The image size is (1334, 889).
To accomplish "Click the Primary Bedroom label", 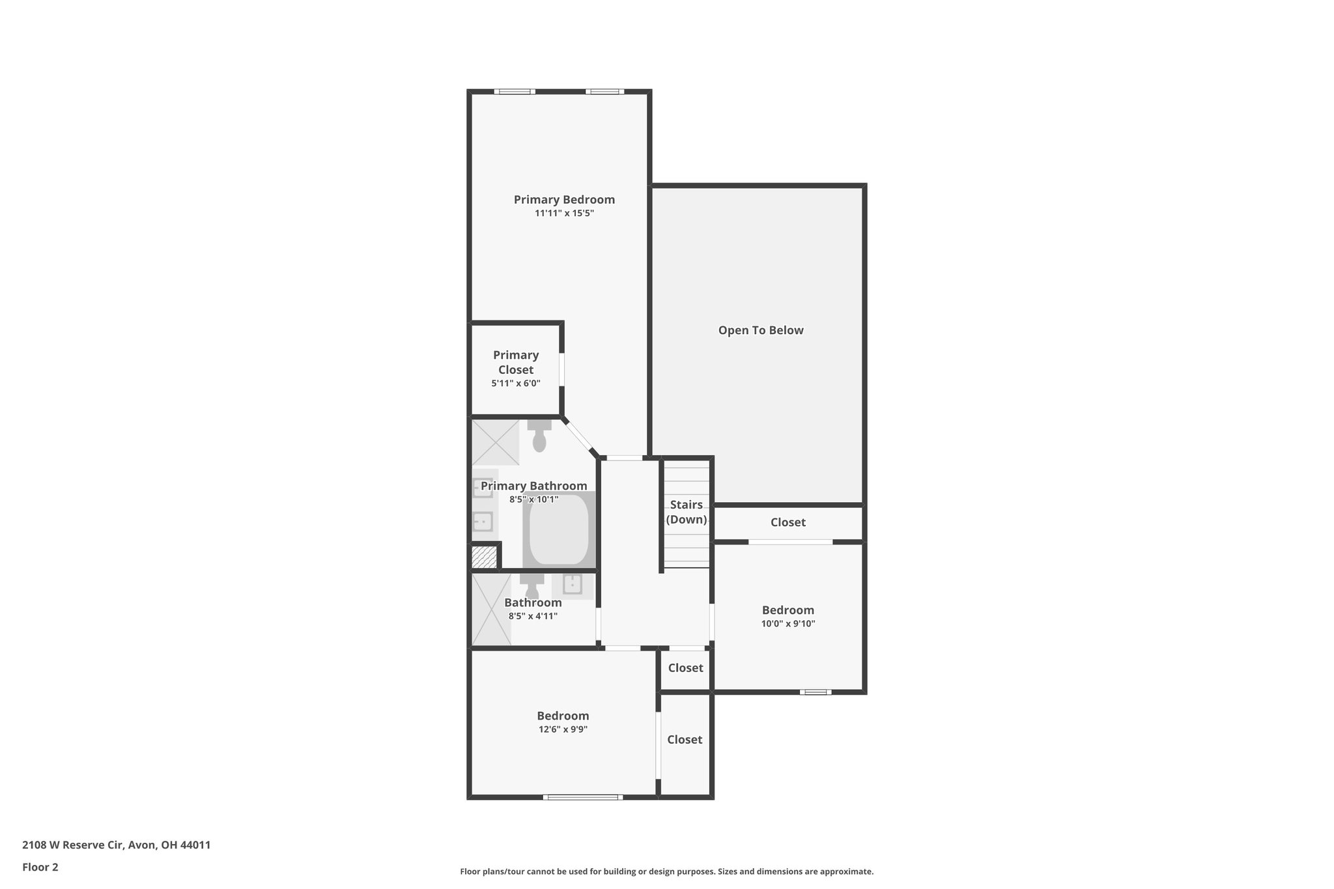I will click(x=564, y=200).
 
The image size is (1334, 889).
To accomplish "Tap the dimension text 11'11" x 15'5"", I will click(x=564, y=213).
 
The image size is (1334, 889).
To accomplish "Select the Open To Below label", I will click(x=761, y=330).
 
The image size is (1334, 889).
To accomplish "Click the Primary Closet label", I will click(x=516, y=362).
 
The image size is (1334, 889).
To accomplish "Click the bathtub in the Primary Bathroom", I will click(x=559, y=529).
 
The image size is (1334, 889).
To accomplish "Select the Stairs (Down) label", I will click(x=687, y=512).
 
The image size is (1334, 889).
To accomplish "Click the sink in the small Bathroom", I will click(x=573, y=584).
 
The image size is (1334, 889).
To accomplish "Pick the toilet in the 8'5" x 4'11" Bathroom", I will click(x=532, y=586).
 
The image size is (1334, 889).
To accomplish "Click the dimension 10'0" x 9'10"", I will click(x=788, y=624).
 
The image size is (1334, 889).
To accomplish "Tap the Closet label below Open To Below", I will click(x=788, y=522).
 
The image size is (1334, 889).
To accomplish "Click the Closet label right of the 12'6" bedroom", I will click(x=685, y=739).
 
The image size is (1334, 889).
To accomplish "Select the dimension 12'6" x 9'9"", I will click(x=563, y=729).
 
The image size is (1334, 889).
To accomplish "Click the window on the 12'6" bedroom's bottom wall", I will click(x=582, y=797).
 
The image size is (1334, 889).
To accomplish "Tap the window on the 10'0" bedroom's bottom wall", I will click(x=816, y=692).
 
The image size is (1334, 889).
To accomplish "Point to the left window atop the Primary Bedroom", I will click(x=515, y=92).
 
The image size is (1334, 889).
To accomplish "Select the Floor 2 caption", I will click(x=40, y=867).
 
